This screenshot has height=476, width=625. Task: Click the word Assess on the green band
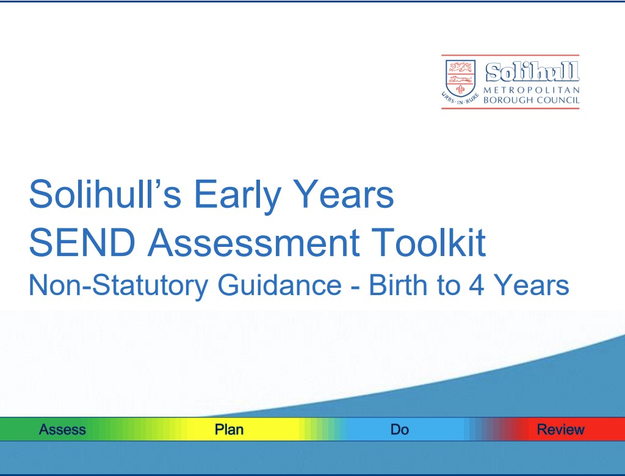click(63, 430)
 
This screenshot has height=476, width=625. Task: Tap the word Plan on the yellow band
click(229, 430)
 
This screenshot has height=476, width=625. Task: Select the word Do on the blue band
click(400, 430)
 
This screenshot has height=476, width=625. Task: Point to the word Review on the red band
click(561, 430)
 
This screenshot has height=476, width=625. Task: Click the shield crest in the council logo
click(460, 78)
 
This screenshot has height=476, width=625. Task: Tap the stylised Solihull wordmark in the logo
click(532, 72)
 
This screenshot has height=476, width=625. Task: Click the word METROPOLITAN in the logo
click(532, 90)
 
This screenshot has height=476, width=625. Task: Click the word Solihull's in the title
click(105, 194)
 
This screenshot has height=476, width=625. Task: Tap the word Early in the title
click(237, 196)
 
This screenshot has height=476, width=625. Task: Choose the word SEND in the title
click(82, 242)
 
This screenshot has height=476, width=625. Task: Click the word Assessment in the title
click(254, 242)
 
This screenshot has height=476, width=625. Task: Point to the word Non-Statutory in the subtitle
click(118, 285)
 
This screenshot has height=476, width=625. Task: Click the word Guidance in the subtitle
click(280, 285)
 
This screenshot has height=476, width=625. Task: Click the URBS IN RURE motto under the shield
click(460, 98)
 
